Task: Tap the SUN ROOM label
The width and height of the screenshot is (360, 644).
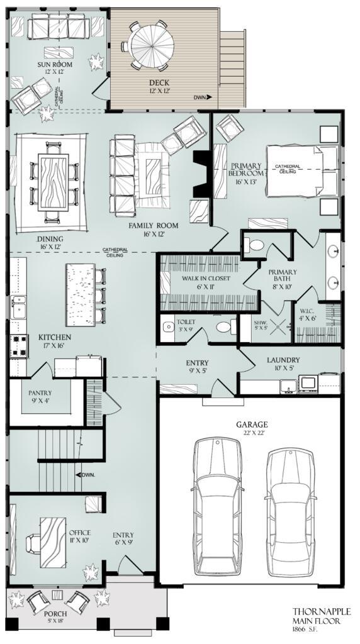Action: point(56,67)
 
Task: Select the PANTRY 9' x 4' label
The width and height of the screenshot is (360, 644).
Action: point(43,396)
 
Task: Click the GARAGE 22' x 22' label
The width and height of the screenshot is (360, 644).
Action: point(252,428)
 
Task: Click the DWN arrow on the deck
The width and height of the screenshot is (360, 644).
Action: point(202,97)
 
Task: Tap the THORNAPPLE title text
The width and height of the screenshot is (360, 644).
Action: point(321,611)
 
